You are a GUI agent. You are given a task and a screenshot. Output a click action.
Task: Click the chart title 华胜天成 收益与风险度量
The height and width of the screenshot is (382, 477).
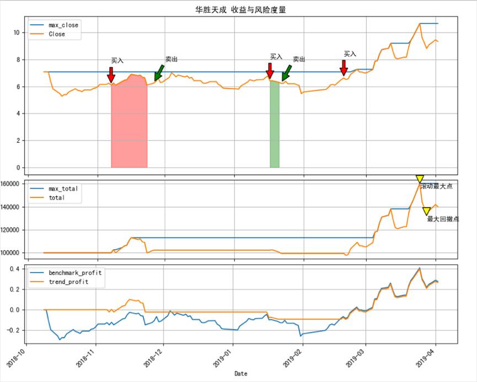(240, 10)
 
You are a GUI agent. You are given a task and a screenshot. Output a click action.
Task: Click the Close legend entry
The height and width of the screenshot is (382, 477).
(57, 34)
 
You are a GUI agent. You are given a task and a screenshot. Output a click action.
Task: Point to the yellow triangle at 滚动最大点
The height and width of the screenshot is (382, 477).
(420, 179)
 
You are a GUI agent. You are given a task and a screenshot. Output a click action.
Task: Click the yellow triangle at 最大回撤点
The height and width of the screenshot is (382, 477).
(426, 211)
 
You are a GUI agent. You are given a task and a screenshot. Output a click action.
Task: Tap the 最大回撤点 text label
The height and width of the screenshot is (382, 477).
(443, 219)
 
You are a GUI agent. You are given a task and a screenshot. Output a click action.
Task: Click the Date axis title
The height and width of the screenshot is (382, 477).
(241, 374)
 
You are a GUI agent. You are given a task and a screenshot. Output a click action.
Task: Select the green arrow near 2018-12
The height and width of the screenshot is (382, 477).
(159, 72)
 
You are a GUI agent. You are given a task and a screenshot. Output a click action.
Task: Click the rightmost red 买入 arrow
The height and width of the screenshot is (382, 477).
(344, 68)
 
